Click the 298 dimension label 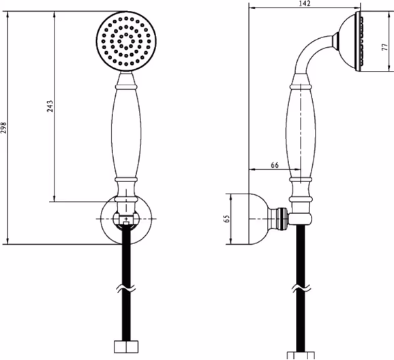(x=3, y=127)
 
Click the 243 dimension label (x=50, y=106)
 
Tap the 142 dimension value (x=305, y=3)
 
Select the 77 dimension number (x=384, y=47)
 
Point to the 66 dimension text (x=275, y=165)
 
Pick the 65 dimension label (x=226, y=219)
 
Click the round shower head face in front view (x=126, y=41)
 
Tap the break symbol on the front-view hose (x=126, y=288)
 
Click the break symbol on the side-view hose (x=301, y=288)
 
